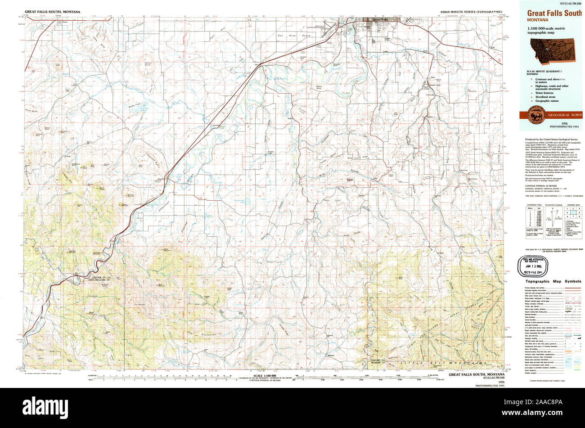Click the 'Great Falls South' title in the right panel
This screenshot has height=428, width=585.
coord(554,14)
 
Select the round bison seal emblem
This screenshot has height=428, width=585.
coord(535,111)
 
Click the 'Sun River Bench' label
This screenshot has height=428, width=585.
coord(288,35)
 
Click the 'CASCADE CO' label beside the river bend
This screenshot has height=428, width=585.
coord(96,277)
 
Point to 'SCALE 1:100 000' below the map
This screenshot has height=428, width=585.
coord(264,375)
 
